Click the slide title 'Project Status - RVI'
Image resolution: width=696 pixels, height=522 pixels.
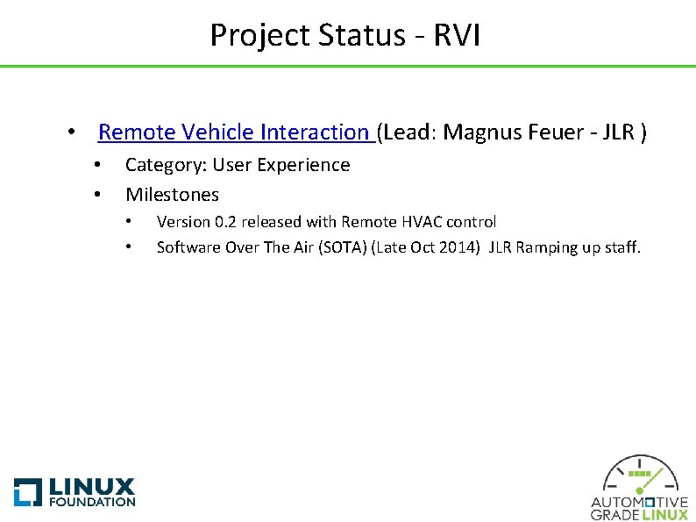pos(344,35)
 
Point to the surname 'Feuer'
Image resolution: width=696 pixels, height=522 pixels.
pos(550,132)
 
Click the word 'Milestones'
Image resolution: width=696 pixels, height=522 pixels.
pos(172,194)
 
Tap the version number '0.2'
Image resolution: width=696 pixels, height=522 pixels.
pos(227,222)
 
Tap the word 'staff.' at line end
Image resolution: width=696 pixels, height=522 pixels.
pos(621,247)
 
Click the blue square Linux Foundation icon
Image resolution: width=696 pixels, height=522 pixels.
pos(28,491)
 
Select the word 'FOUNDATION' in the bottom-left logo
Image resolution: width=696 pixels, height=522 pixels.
pos(92,502)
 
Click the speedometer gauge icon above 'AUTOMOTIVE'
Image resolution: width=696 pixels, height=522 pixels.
pos(640,476)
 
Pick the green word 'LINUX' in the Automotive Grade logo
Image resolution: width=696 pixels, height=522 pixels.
pos(665,515)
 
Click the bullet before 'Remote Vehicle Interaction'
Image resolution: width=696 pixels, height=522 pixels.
pos(69,133)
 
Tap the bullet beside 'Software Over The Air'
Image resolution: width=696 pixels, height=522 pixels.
pos(129,247)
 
